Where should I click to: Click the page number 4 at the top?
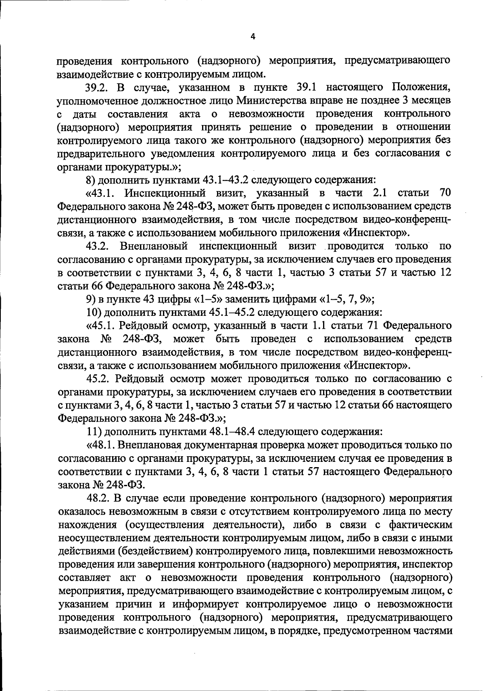point(253,37)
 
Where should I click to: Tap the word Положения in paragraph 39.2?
point(420,88)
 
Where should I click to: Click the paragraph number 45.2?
point(98,379)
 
